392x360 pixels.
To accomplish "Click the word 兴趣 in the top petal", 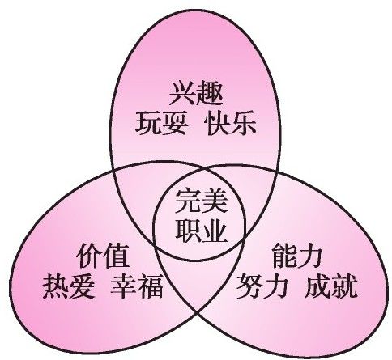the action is (x=196, y=93).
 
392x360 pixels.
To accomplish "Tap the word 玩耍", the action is (x=161, y=124).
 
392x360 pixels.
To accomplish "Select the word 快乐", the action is (x=230, y=124).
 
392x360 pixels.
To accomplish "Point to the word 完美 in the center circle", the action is (x=202, y=201).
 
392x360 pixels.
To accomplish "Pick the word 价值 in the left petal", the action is (x=103, y=256).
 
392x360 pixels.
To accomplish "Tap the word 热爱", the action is (x=69, y=286).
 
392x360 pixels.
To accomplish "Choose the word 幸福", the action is (x=137, y=286).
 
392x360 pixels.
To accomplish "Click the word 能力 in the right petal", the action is (x=297, y=255).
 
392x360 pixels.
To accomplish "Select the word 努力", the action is (x=261, y=286).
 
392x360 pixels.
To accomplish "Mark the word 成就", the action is (x=331, y=286).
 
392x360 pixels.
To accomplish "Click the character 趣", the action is (x=210, y=93).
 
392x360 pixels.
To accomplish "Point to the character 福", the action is (x=150, y=286).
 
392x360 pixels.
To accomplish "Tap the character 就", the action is (x=345, y=286).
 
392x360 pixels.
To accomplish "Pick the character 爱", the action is (x=82, y=286).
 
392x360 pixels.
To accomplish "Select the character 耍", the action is (x=174, y=124).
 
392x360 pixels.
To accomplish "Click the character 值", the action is (x=117, y=256).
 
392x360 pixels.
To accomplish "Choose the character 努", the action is (x=248, y=286).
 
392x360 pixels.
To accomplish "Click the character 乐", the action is (x=244, y=124).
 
